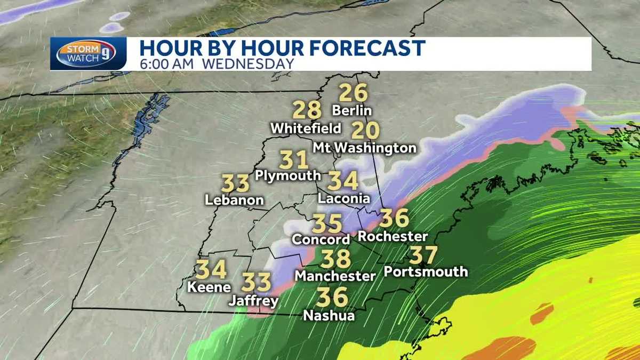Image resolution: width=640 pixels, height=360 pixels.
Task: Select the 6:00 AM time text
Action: [168, 63]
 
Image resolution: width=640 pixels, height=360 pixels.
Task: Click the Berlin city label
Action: [351, 111]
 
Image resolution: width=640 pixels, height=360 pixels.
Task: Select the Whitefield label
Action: [306, 129]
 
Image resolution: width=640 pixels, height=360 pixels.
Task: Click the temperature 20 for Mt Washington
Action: [365, 130]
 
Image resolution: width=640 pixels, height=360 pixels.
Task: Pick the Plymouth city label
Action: [288, 175]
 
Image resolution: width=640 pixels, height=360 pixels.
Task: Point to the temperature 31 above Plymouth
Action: [294, 159]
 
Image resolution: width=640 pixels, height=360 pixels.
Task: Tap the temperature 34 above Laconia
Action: [343, 181]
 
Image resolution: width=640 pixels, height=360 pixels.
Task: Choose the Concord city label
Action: [321, 239]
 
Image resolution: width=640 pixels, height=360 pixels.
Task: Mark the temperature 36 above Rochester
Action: [394, 218]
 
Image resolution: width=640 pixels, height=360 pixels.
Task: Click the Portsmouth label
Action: [426, 271]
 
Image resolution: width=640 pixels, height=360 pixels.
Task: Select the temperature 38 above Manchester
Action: [335, 259]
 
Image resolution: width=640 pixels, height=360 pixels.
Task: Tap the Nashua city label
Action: [329, 316]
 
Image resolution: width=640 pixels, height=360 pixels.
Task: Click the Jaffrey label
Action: [254, 301]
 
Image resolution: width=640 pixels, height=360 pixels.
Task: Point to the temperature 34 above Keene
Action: [211, 270]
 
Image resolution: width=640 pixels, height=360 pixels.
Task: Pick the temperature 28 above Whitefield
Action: [307, 110]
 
